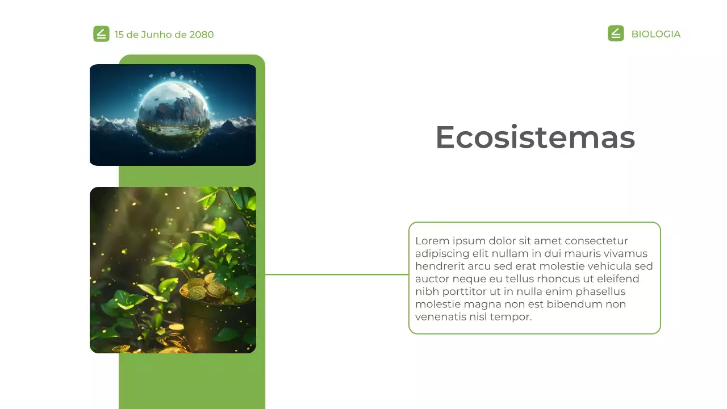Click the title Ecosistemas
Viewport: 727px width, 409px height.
coord(534,137)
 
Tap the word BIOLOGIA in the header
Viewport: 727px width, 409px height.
coord(655,34)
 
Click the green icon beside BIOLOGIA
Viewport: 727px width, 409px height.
coord(616,34)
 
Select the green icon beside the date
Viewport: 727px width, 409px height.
coord(101,34)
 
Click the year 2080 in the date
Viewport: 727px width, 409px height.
coord(202,35)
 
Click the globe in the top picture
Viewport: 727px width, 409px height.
coord(174,114)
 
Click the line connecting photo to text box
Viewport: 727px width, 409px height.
coord(336,274)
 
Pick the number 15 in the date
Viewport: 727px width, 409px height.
coord(119,35)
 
